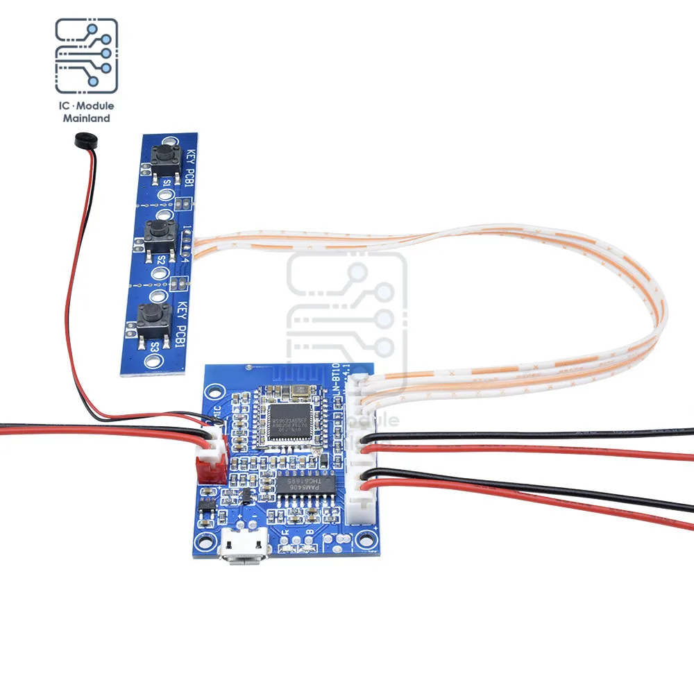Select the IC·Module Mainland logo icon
tap(86, 57)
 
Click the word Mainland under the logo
tap(87, 119)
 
